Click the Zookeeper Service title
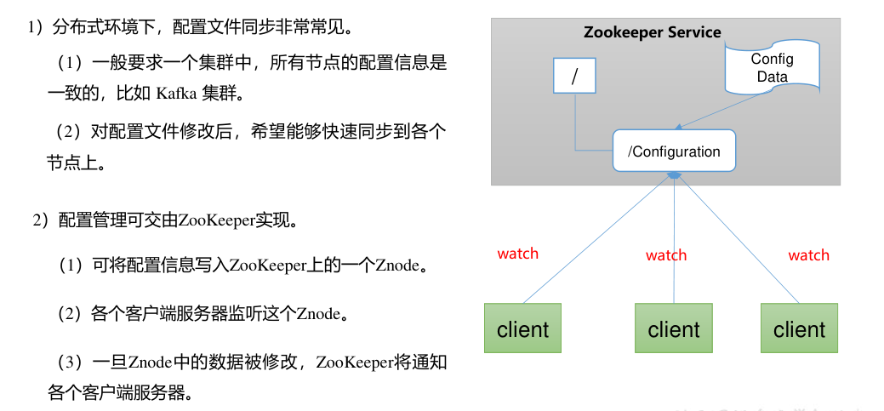pos(652,32)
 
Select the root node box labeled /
pos(574,75)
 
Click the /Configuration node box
pos(674,151)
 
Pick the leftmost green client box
pos(522,328)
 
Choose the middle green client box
pos(673,328)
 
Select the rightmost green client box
pos(799,328)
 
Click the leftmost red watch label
pos(518,253)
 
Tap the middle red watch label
pos(666,254)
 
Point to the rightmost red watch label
pos(808,254)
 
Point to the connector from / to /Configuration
pos(576,128)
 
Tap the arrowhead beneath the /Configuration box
pos(674,175)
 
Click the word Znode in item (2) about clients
pos(317,314)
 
